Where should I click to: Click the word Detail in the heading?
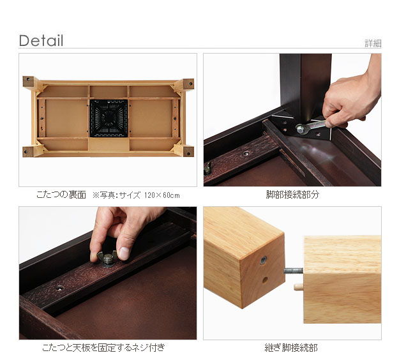point(41,41)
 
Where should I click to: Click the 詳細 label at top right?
point(373,43)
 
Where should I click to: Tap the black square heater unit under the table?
point(109,118)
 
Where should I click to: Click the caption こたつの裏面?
point(61,195)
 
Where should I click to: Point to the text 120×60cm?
point(162,195)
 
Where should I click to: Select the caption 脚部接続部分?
point(292,195)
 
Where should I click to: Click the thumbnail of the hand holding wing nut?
point(108,273)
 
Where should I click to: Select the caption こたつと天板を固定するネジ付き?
point(103,347)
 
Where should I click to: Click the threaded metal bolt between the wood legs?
point(294,271)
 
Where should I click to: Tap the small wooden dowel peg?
point(299,287)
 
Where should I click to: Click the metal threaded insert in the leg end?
point(264,260)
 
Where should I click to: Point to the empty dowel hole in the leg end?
point(265,280)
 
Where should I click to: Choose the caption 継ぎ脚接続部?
point(291,347)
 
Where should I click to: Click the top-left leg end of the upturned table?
point(29,82)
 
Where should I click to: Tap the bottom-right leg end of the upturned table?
point(188,152)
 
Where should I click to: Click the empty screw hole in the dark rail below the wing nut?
point(60,288)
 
